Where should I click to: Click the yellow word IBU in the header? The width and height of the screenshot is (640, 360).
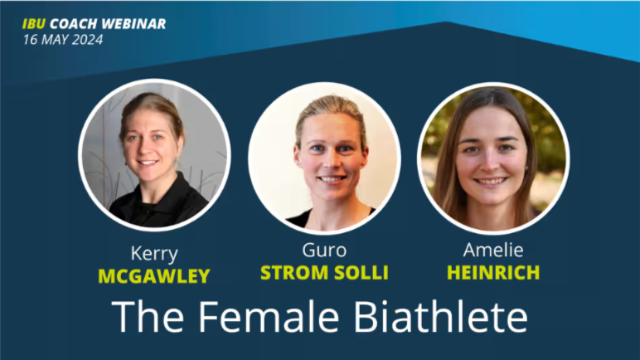click(x=34, y=24)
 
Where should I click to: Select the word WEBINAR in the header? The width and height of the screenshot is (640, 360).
click(x=133, y=24)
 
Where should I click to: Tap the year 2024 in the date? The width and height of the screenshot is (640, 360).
click(x=87, y=40)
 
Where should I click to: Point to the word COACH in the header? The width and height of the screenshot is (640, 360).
click(x=74, y=24)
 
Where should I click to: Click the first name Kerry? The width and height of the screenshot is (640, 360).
click(x=154, y=254)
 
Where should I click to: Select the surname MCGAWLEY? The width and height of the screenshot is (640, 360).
click(x=154, y=276)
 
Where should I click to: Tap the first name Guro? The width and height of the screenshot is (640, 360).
click(x=324, y=251)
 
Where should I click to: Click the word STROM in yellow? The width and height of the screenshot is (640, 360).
click(x=294, y=273)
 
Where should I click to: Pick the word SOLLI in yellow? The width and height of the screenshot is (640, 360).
click(x=361, y=273)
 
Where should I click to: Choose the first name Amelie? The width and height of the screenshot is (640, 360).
click(x=493, y=250)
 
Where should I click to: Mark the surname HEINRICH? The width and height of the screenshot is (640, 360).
click(x=493, y=273)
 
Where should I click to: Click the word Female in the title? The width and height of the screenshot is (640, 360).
click(x=269, y=317)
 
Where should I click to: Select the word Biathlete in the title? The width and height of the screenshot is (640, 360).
click(x=441, y=317)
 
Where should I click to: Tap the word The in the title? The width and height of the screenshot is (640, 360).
click(x=148, y=317)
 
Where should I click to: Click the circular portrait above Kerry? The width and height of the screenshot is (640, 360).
click(x=155, y=155)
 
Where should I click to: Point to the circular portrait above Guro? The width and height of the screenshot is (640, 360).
click(x=324, y=158)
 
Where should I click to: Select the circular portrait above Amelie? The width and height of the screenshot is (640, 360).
click(x=493, y=158)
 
